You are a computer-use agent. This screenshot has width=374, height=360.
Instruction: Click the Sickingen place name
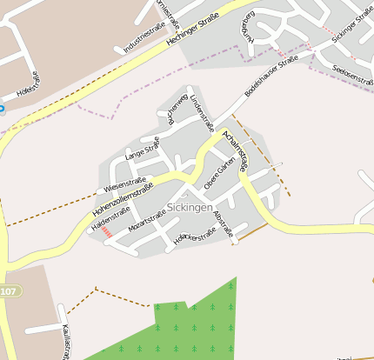(x=188, y=209)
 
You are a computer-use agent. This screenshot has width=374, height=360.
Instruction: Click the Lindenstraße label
(x=202, y=112)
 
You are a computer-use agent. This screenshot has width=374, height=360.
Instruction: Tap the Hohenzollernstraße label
(x=122, y=198)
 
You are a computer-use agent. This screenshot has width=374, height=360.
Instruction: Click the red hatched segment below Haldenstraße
(x=105, y=232)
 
